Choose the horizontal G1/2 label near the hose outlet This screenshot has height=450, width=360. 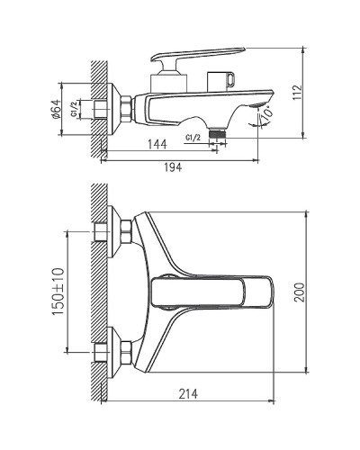coord(192,136)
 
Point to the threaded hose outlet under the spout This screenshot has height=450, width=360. coord(215,130)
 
